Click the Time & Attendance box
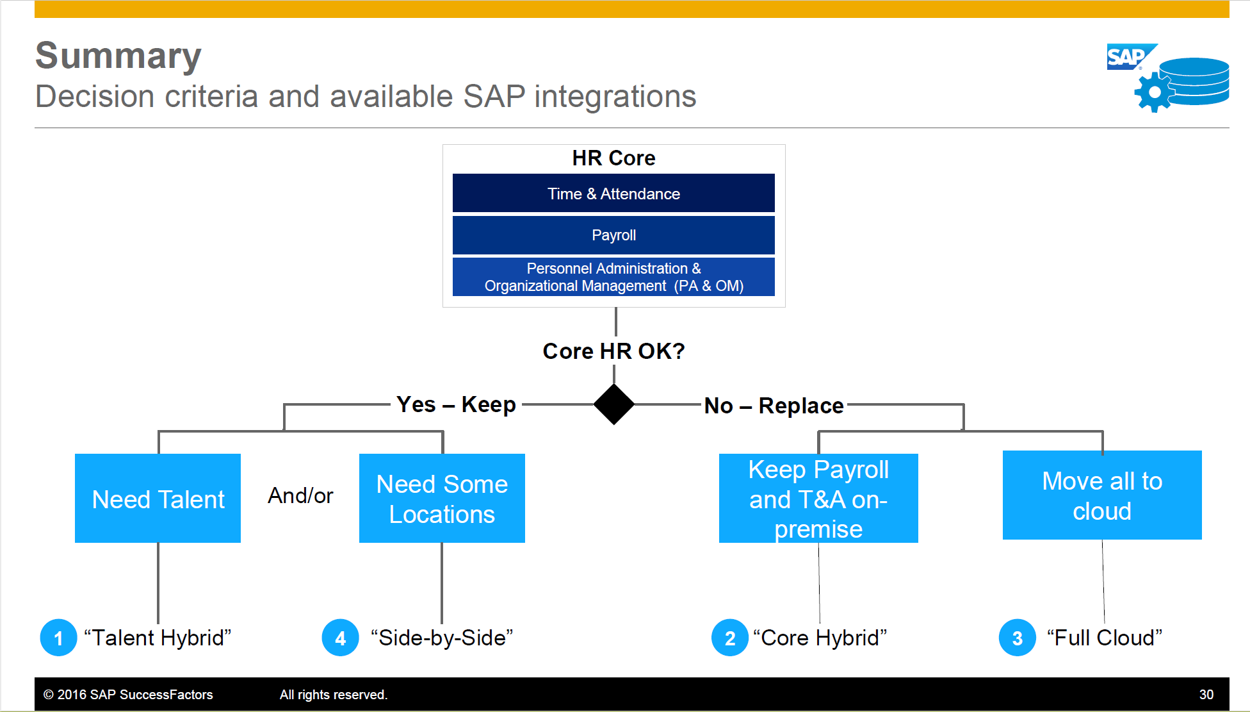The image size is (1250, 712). click(613, 193)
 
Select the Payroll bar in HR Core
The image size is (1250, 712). click(613, 235)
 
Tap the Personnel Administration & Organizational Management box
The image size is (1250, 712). click(613, 277)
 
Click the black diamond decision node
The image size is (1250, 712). click(613, 404)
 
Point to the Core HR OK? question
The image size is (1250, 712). click(613, 351)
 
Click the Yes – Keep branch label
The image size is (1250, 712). click(456, 404)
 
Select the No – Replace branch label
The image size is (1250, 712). click(774, 406)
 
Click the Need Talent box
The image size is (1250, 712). click(158, 499)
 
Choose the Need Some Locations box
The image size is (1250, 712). click(442, 499)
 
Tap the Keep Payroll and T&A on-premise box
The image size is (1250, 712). click(818, 499)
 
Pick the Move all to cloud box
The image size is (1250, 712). click(1101, 495)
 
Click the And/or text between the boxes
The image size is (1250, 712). click(300, 495)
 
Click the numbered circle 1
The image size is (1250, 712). click(58, 638)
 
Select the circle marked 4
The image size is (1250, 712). click(340, 638)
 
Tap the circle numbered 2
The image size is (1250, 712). click(729, 638)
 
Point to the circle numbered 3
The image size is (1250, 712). click(1017, 638)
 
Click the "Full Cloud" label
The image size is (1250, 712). click(1104, 638)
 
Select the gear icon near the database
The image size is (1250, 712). click(1154, 92)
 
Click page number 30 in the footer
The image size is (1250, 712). click(1206, 695)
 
